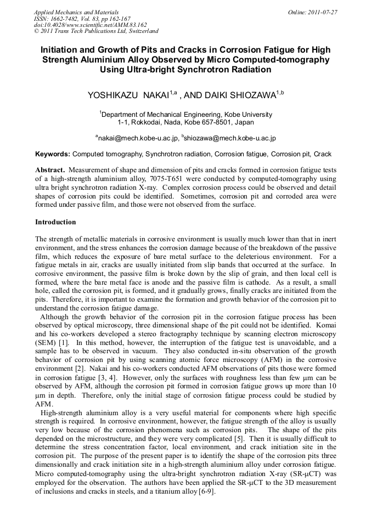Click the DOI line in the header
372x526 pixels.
tap(90, 25)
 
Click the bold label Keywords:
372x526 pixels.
tap(53, 155)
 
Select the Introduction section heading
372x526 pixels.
tap(55, 222)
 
